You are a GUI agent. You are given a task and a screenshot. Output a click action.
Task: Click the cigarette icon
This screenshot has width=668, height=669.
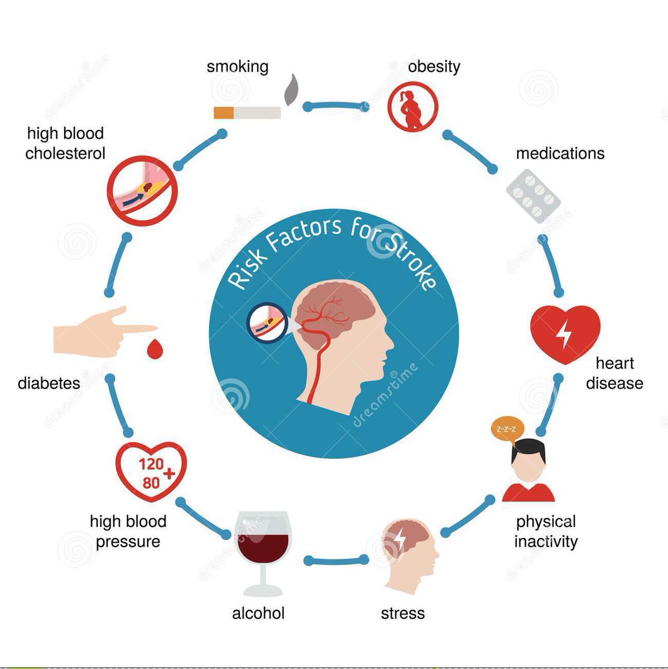pos(247,113)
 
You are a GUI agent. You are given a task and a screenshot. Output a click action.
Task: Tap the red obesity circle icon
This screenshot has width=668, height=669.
pos(413,107)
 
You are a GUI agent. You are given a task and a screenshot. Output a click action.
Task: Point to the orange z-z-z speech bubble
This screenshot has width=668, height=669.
pos(507,430)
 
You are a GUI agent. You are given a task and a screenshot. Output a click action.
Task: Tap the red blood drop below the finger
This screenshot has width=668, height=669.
pos(153,349)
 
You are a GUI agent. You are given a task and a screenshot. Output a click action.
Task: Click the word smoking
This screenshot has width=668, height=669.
pos(237,67)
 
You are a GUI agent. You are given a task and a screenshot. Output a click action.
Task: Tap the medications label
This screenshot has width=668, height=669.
pos(560,153)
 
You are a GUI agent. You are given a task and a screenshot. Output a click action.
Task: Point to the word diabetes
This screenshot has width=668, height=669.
pos(49,383)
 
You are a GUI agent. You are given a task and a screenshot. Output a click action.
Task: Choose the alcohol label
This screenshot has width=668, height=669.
pos(258,613)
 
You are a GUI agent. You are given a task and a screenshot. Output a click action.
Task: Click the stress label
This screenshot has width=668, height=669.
pos(402,613)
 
